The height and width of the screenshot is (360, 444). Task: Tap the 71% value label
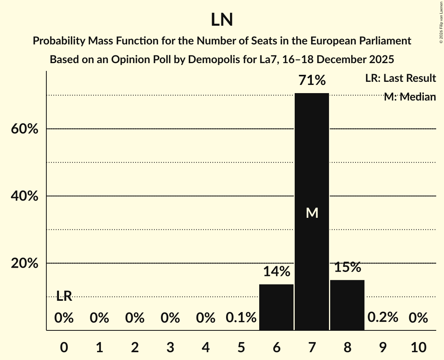pyautogui.click(x=312, y=81)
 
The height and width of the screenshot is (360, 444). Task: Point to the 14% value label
pyautogui.click(x=276, y=272)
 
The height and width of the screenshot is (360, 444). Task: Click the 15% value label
pyautogui.click(x=347, y=267)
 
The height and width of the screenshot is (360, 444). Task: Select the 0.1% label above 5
pyautogui.click(x=241, y=318)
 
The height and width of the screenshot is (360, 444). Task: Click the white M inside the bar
pyautogui.click(x=312, y=213)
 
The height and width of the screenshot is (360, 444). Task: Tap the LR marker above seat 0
pyautogui.click(x=64, y=296)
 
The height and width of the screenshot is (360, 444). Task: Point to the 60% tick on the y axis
pyautogui.click(x=24, y=129)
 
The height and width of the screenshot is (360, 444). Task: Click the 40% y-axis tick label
pyautogui.click(x=24, y=196)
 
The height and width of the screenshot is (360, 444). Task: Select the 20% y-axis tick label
pyautogui.click(x=24, y=264)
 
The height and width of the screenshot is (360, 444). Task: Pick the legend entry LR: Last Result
pyautogui.click(x=400, y=78)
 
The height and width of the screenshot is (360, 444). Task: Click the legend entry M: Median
pyautogui.click(x=409, y=97)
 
